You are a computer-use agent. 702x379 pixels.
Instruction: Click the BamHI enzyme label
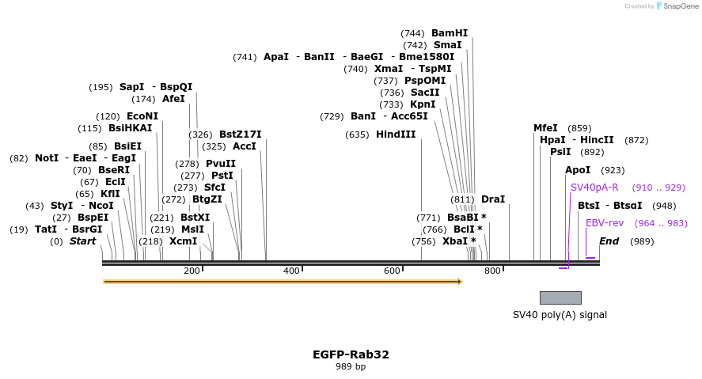tap(449, 33)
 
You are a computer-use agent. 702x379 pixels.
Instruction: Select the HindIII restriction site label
tap(395, 135)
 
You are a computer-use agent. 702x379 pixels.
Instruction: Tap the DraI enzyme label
tap(492, 199)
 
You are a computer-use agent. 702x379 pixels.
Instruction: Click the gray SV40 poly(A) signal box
tap(560, 298)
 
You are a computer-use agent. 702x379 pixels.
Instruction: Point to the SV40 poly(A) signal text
tap(560, 315)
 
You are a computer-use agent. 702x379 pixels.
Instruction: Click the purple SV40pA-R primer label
tap(594, 188)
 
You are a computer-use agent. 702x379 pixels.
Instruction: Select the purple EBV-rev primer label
tap(605, 223)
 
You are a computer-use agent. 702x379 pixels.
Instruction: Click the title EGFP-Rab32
tap(351, 354)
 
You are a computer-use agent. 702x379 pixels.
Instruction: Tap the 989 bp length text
tap(351, 367)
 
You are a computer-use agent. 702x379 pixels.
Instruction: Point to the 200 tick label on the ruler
tap(192, 271)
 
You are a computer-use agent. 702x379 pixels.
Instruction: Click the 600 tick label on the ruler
tap(392, 271)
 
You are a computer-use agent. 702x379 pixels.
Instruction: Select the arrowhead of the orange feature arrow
tap(458, 282)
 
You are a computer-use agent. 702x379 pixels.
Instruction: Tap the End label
tap(609, 241)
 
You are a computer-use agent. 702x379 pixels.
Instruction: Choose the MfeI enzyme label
tap(545, 128)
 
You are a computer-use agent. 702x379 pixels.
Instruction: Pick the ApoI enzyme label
tap(577, 170)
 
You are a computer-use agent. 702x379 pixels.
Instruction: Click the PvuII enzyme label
tap(221, 164)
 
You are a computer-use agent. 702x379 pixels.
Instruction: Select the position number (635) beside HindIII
tap(357, 135)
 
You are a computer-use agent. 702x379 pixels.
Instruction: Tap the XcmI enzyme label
tap(183, 241)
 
